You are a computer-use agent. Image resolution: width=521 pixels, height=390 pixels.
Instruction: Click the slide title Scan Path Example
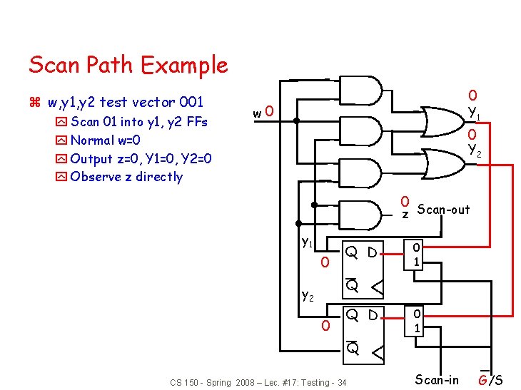tap(128, 66)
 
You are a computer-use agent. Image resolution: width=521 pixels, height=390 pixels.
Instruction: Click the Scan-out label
tap(443, 210)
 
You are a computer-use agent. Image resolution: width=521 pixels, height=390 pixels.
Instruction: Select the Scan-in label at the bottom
tap(437, 379)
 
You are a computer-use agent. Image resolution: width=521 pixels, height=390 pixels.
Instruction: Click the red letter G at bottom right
tap(483, 380)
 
